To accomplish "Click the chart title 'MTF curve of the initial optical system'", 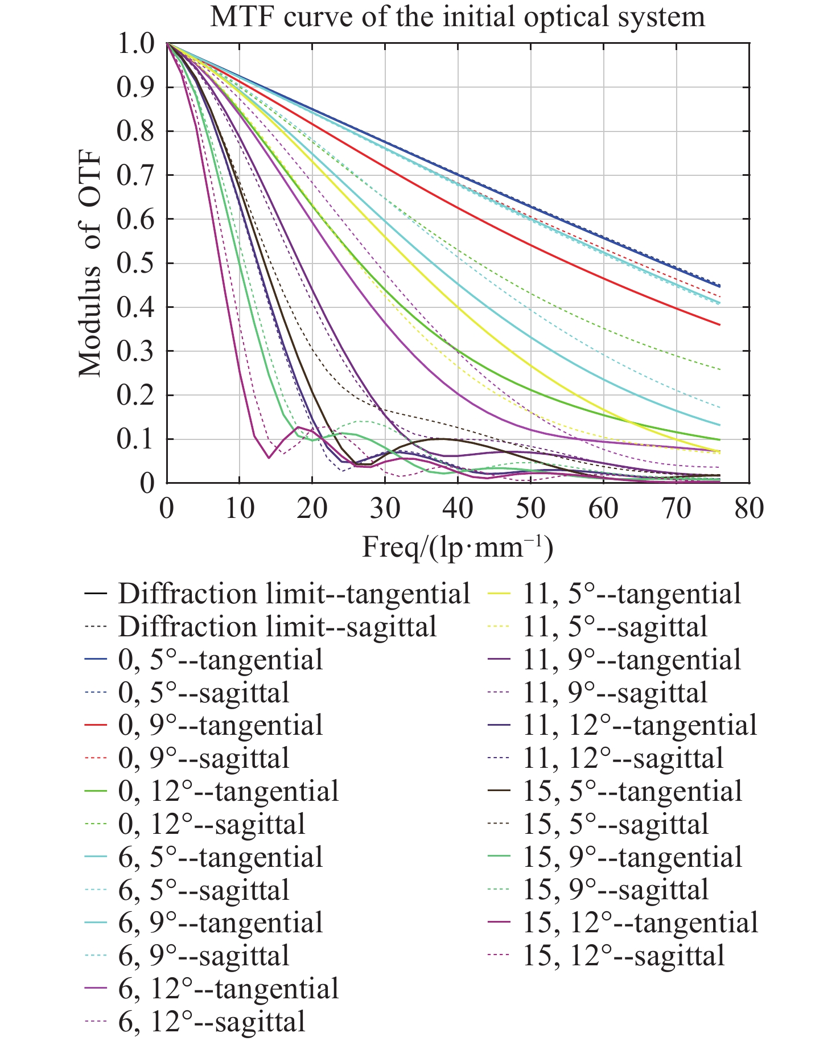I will pos(458,17).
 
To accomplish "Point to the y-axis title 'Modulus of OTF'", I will pos(90,264).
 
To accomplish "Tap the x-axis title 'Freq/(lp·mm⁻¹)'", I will pos(458,548).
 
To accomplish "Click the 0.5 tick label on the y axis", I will pos(135,264).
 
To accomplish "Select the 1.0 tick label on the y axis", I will pos(135,44).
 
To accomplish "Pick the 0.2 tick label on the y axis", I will pos(135,396).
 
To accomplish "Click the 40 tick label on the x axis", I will pos(458,508).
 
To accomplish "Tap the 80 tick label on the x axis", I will pos(749,508).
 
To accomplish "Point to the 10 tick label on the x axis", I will pos(239,508).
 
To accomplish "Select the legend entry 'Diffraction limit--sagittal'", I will pos(277,627).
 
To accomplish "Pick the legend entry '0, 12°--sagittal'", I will pos(212,824).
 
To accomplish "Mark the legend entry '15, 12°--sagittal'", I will pos(624,955).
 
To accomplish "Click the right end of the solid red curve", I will pos(720,324).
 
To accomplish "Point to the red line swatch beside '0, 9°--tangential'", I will pos(96,726).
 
